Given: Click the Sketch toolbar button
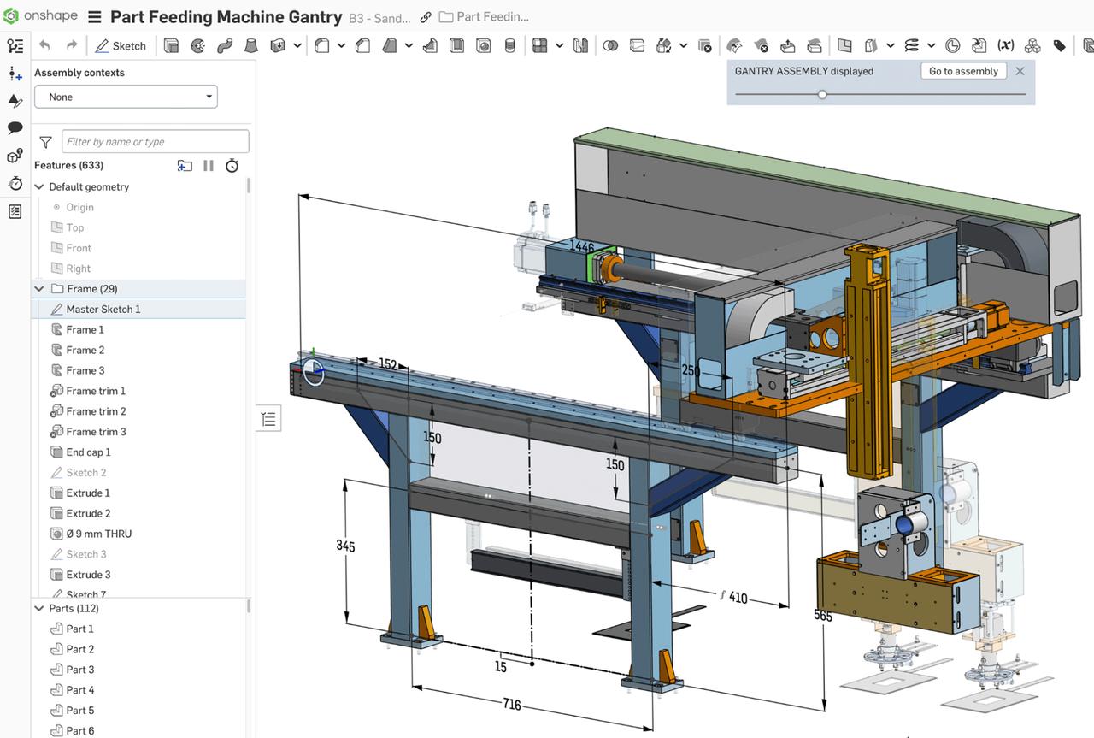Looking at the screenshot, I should coord(121,46).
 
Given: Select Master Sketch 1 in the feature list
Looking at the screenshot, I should coord(103,309).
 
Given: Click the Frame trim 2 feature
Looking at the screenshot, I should coord(96,411).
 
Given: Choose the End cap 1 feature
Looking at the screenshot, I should coord(88,452).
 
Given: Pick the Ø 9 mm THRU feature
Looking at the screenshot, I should coord(98,534).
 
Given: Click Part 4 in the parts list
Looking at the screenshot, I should coord(80,690).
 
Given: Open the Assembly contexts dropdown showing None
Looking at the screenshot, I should coord(126,97).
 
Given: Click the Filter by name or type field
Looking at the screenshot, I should coord(155,141).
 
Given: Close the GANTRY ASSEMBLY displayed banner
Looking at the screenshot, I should coord(1020,71).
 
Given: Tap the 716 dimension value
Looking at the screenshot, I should coord(511,705).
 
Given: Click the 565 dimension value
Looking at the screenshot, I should coord(822,615).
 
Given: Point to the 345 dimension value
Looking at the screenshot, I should coord(345,546).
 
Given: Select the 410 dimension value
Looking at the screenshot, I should coord(738,598).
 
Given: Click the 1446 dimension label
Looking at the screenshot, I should coord(582,247).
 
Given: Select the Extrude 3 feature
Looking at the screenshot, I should coord(88,575).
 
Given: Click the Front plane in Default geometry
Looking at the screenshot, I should coord(79,248).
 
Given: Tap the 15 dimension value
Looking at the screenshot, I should coord(501,667).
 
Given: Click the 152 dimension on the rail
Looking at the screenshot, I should coord(387,364).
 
